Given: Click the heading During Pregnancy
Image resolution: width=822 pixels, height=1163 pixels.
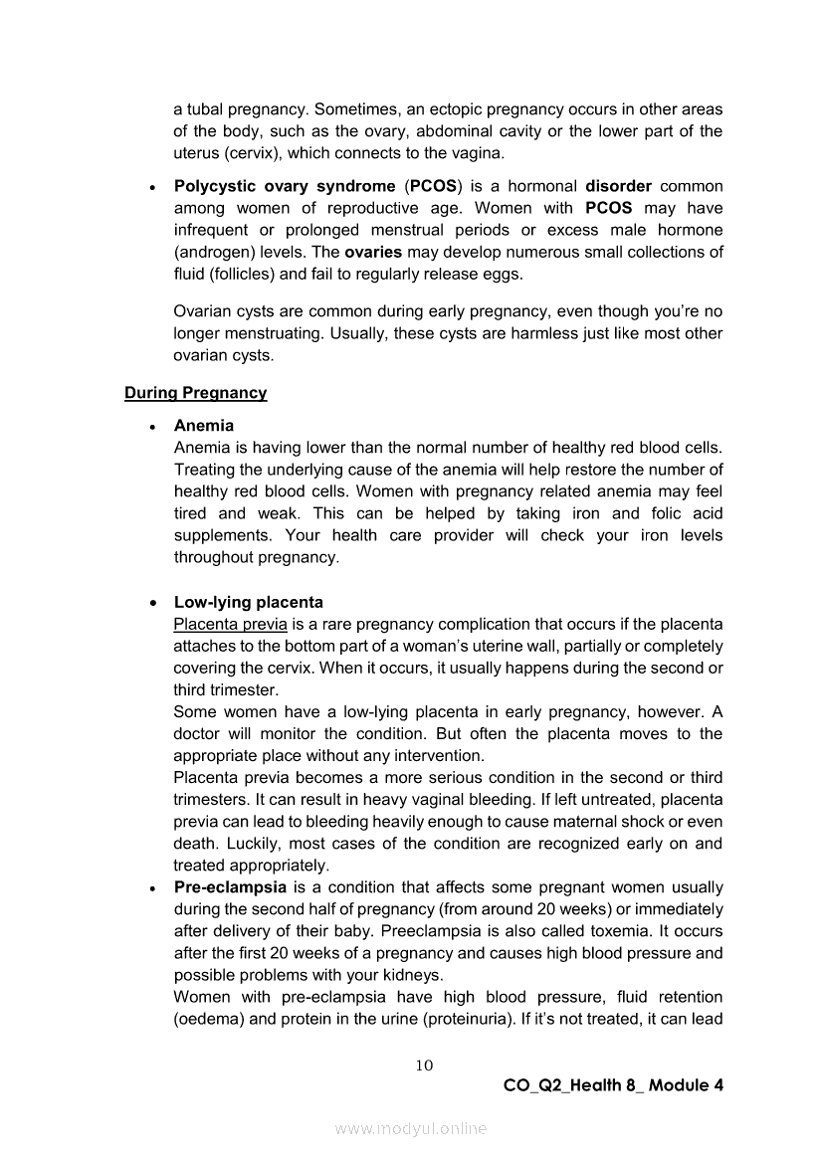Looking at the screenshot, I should [195, 393].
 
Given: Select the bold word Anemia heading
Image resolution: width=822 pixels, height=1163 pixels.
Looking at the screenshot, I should [204, 426].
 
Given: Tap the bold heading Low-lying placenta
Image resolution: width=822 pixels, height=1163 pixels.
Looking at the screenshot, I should [248, 602].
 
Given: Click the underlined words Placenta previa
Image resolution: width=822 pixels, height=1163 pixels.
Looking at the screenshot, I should [230, 624].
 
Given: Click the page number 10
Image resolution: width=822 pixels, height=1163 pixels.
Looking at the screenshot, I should [424, 1065].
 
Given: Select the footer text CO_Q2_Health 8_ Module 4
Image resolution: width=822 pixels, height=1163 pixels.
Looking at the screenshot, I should [613, 1085].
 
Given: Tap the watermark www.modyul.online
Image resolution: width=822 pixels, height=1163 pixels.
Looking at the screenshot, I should [411, 1128].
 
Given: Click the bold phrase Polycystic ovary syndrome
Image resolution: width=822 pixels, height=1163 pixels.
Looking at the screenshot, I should [285, 186].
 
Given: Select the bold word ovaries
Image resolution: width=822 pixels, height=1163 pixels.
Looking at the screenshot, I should [372, 252].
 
